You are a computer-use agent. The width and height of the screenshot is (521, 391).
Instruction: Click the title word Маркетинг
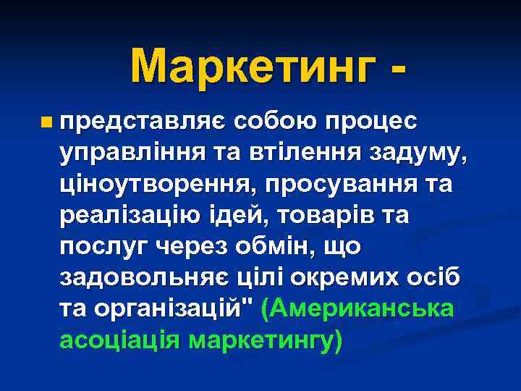coord(253,66)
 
